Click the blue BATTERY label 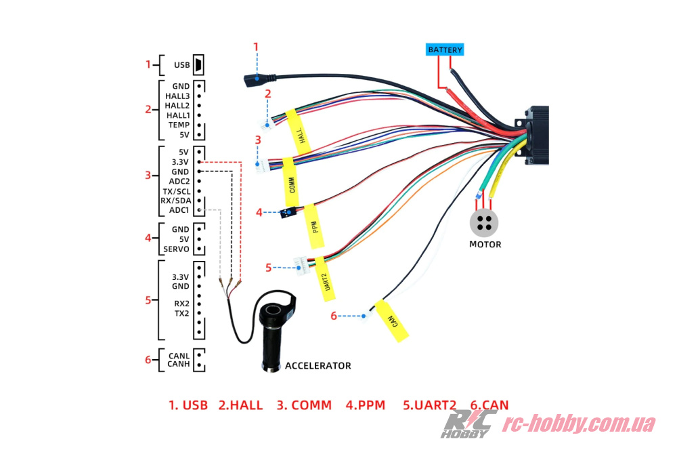pyautogui.click(x=445, y=49)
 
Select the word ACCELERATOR pyautogui.click(x=318, y=366)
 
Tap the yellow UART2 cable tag pyautogui.click(x=326, y=278)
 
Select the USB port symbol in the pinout pyautogui.click(x=198, y=65)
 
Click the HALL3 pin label pyautogui.click(x=177, y=96)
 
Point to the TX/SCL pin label pyautogui.click(x=176, y=191)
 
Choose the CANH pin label pyautogui.click(x=178, y=365)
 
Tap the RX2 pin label pyautogui.click(x=181, y=304)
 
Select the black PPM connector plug pyautogui.click(x=289, y=213)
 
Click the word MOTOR pyautogui.click(x=485, y=244)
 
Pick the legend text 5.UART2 pyautogui.click(x=429, y=405)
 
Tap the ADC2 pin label pyautogui.click(x=179, y=182)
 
